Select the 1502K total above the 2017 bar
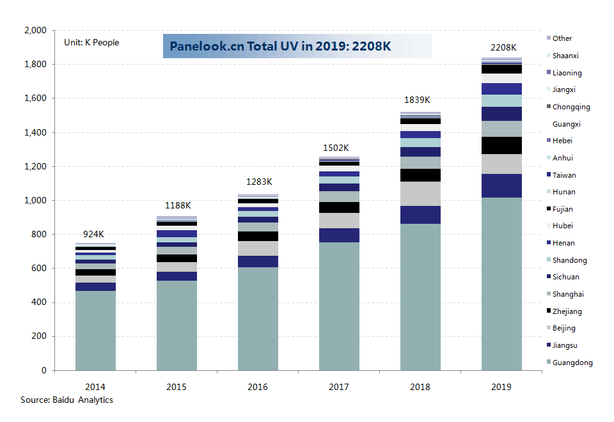click(x=336, y=148)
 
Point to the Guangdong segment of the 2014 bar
click(x=95, y=331)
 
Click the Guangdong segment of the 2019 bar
click(x=501, y=284)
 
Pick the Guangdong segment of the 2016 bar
click(x=258, y=318)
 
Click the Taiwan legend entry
click(x=563, y=175)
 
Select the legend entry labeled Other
click(x=562, y=38)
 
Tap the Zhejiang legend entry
click(x=566, y=311)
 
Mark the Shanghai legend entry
click(x=567, y=294)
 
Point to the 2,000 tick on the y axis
click(x=35, y=31)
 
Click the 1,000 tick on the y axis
click(x=35, y=201)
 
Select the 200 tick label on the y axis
click(x=40, y=337)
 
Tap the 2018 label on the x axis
click(x=420, y=387)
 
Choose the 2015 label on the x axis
click(x=177, y=387)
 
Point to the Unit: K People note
click(x=91, y=43)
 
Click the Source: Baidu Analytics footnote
click(x=67, y=400)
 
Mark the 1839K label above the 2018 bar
click(x=417, y=100)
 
